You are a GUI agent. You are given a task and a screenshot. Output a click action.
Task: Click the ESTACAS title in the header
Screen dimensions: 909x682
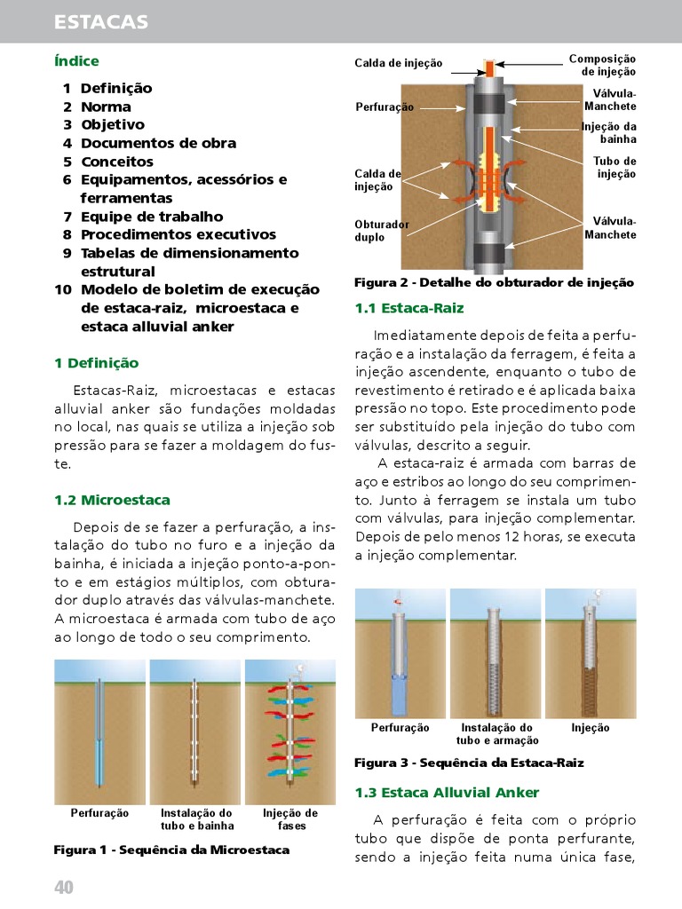coord(100,21)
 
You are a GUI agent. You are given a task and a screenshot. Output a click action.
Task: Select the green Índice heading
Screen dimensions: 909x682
coord(76,61)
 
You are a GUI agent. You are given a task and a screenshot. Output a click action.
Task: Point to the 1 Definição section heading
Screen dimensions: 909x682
coord(96,363)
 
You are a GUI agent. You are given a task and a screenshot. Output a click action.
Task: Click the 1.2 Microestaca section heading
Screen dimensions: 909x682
coord(112,500)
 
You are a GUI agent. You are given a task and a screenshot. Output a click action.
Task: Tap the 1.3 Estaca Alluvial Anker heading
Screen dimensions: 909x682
coord(447,792)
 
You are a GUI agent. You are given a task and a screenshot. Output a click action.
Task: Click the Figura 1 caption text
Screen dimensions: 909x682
coord(171,850)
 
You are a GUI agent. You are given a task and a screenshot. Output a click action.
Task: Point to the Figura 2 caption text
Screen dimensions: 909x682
coord(494,282)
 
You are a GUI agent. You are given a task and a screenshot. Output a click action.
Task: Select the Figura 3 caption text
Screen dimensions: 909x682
coord(469,763)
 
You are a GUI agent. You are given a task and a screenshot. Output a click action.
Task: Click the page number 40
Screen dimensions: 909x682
coord(63,888)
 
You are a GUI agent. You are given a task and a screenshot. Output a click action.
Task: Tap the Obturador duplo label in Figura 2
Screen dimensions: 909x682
coord(382,231)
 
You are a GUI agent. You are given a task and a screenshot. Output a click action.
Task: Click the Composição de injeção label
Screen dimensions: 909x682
coord(602,65)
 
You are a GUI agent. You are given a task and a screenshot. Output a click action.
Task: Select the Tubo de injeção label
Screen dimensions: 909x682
coord(615,168)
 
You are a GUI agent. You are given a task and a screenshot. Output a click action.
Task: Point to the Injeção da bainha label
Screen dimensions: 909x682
coord(609,133)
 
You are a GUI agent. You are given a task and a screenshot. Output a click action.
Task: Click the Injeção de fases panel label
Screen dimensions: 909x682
coord(290,819)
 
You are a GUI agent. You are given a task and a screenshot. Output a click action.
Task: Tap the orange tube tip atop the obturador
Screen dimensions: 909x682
coord(488,67)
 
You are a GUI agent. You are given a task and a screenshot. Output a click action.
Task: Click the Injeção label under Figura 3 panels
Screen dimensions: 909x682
coord(590,728)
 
